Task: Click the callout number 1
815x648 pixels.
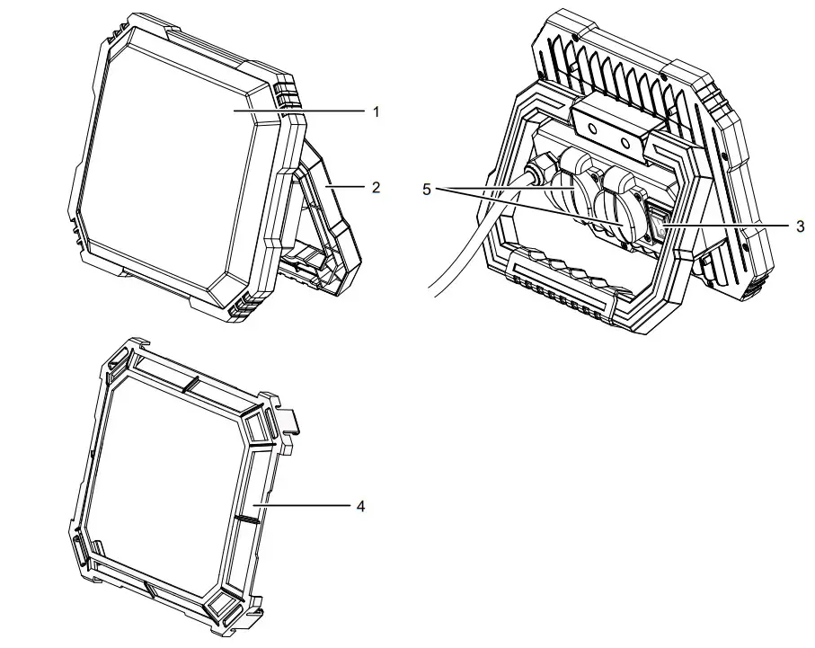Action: pos(377,111)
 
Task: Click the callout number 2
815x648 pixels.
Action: pos(377,188)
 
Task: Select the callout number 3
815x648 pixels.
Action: pos(800,226)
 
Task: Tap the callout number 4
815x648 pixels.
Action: pos(360,506)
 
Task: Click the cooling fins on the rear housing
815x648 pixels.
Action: pos(629,72)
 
